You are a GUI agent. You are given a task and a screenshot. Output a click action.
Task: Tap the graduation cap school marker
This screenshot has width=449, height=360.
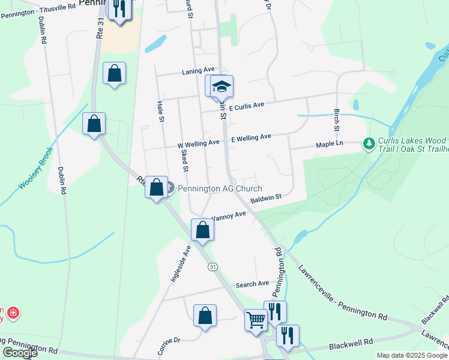point(221,87)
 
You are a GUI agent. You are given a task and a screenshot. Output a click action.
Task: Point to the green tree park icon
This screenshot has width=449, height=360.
point(368,144)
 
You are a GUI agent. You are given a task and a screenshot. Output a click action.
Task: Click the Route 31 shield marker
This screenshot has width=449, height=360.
point(212,266)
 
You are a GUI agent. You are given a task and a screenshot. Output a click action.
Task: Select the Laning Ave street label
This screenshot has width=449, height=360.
point(198,71)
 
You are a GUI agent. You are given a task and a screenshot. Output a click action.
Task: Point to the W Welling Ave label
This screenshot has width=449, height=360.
point(198,144)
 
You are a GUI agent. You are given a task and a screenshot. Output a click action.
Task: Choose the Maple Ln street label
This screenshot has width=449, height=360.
point(330,144)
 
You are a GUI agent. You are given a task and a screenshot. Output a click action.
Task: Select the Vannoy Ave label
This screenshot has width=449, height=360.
point(228,215)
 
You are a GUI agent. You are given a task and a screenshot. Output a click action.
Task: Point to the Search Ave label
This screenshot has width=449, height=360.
point(252,284)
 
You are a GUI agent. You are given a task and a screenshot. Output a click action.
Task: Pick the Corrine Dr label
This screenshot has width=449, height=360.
point(169,346)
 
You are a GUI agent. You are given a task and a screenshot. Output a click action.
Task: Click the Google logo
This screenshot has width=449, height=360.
point(19,353)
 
